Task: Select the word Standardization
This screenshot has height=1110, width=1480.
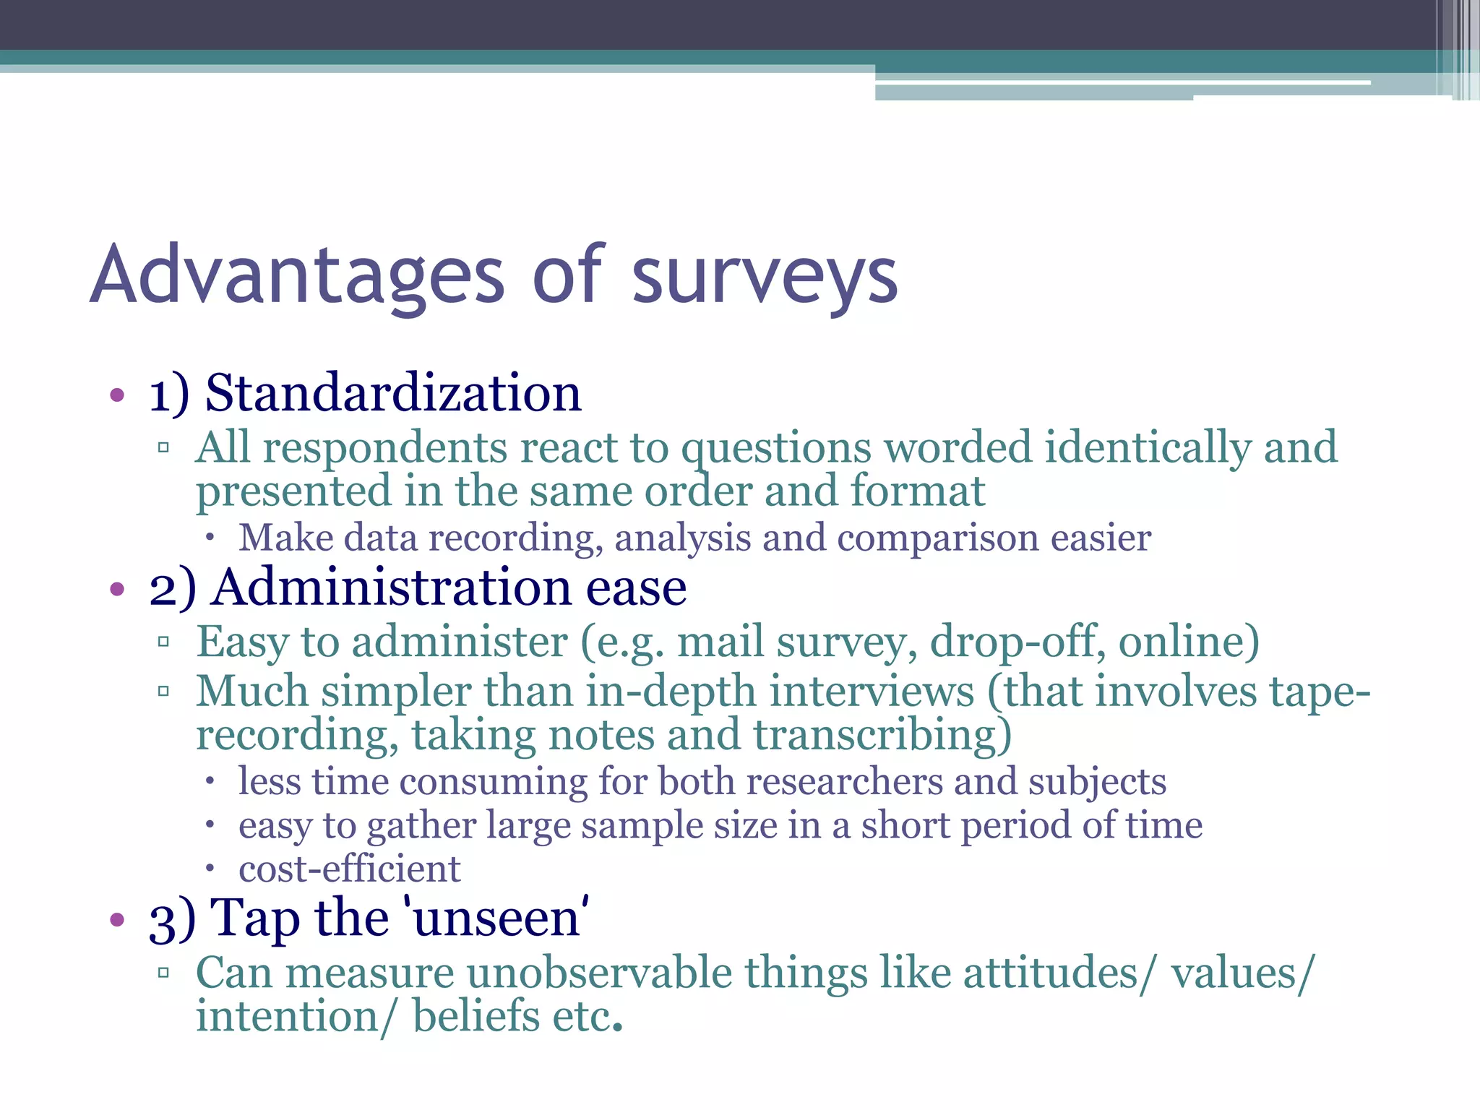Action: pyautogui.click(x=393, y=394)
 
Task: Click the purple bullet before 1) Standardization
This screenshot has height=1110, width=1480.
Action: pyautogui.click(x=117, y=396)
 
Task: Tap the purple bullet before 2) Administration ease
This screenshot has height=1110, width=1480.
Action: pyautogui.click(x=117, y=590)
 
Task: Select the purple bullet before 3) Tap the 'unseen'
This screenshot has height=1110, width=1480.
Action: pyautogui.click(x=117, y=920)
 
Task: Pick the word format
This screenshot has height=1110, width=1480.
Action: pyautogui.click(x=917, y=491)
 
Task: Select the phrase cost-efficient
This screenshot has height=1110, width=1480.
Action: pyautogui.click(x=350, y=869)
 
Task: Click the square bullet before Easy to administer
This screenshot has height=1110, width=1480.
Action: pyautogui.click(x=163, y=642)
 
